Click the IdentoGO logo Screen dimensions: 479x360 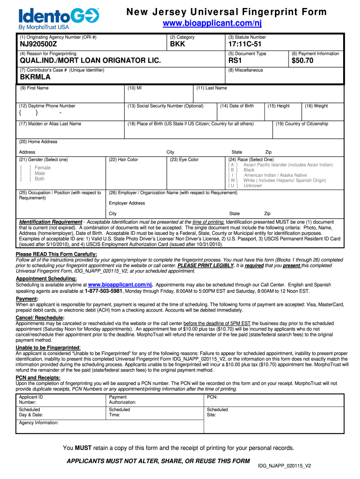pos(58,17)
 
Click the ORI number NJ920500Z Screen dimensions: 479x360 pos(38,44)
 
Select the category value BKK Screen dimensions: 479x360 pos(178,44)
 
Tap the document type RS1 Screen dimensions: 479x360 pos(235,61)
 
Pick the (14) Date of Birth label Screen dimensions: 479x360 pos(237,106)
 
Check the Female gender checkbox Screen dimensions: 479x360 pos(26,168)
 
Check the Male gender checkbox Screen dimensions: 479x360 pos(26,174)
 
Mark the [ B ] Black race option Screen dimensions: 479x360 pos(233,170)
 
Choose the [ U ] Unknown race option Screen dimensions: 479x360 pos(233,186)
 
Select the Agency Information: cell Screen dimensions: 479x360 pos(39,423)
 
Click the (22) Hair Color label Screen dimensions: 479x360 pos(123,160)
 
